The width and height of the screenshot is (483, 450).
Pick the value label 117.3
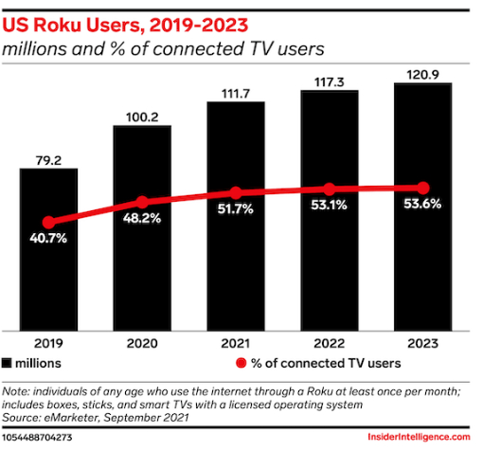click(x=330, y=81)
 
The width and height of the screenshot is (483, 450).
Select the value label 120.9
click(x=423, y=73)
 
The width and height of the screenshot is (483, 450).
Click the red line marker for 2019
click(x=48, y=221)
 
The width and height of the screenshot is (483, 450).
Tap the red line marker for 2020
click(x=142, y=202)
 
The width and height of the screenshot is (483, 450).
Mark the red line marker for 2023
click(x=423, y=188)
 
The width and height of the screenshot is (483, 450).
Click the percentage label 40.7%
click(x=48, y=238)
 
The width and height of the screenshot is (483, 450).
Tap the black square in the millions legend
click(x=8, y=363)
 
